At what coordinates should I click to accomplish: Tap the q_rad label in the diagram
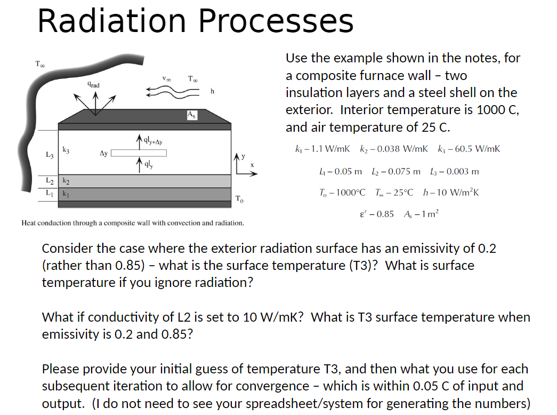[x=93, y=84]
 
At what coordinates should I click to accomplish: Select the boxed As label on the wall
[x=191, y=115]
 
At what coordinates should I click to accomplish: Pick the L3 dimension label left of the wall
[x=49, y=155]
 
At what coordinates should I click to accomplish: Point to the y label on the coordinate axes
[x=244, y=156]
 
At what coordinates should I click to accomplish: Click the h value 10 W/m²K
[x=457, y=192]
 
